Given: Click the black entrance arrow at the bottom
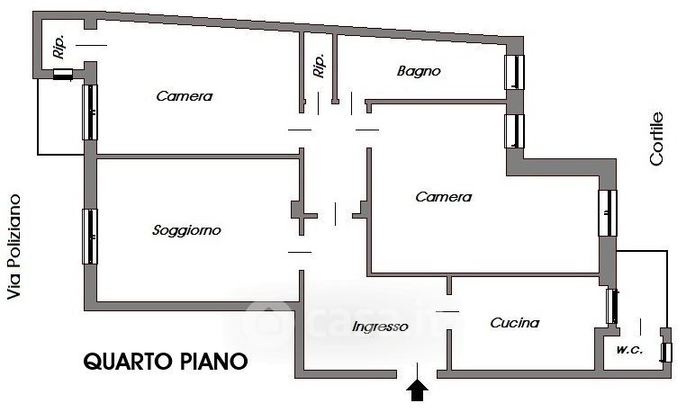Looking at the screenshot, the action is pyautogui.click(x=418, y=389).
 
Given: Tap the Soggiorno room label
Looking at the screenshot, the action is pyautogui.click(x=186, y=231).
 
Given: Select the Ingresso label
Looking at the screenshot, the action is pyautogui.click(x=380, y=327).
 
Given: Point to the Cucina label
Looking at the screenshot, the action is pyautogui.click(x=514, y=323).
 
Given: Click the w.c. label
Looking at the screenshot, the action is pyautogui.click(x=629, y=349).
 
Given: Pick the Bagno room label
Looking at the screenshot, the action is pyautogui.click(x=419, y=70).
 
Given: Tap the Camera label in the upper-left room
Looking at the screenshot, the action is pyautogui.click(x=184, y=96).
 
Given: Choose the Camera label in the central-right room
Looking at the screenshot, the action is pyautogui.click(x=443, y=197).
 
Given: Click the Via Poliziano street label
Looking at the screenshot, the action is pyautogui.click(x=14, y=250).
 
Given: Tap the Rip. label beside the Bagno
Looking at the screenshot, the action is pyautogui.click(x=319, y=66).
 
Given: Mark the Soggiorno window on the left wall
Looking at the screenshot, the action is pyautogui.click(x=89, y=237).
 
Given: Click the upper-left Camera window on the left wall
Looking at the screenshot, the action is pyautogui.click(x=89, y=112).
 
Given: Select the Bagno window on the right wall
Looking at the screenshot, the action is pyautogui.click(x=515, y=72).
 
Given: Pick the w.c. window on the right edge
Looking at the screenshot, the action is pyautogui.click(x=666, y=352).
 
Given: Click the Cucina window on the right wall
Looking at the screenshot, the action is pyautogui.click(x=612, y=307).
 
